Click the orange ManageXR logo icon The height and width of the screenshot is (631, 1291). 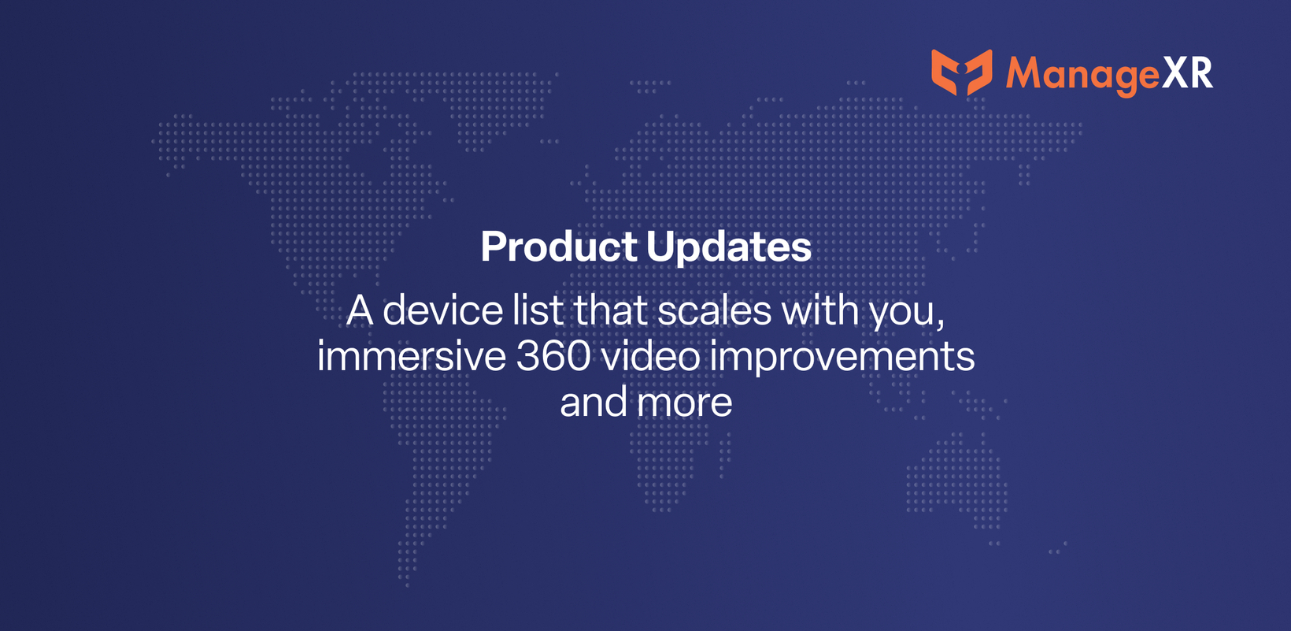point(961,72)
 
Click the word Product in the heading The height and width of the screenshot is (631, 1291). point(559,247)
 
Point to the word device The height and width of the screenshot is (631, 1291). point(442,310)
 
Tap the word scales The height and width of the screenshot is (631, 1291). point(714,310)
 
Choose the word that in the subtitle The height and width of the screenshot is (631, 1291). point(610,310)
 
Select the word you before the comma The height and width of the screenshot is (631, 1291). point(903,314)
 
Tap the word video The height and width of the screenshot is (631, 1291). point(650,356)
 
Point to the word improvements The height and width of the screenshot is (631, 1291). point(842,358)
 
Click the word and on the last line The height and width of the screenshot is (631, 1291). point(594,402)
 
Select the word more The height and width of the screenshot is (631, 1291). point(685,405)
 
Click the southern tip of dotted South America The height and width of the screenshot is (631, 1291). point(407,584)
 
